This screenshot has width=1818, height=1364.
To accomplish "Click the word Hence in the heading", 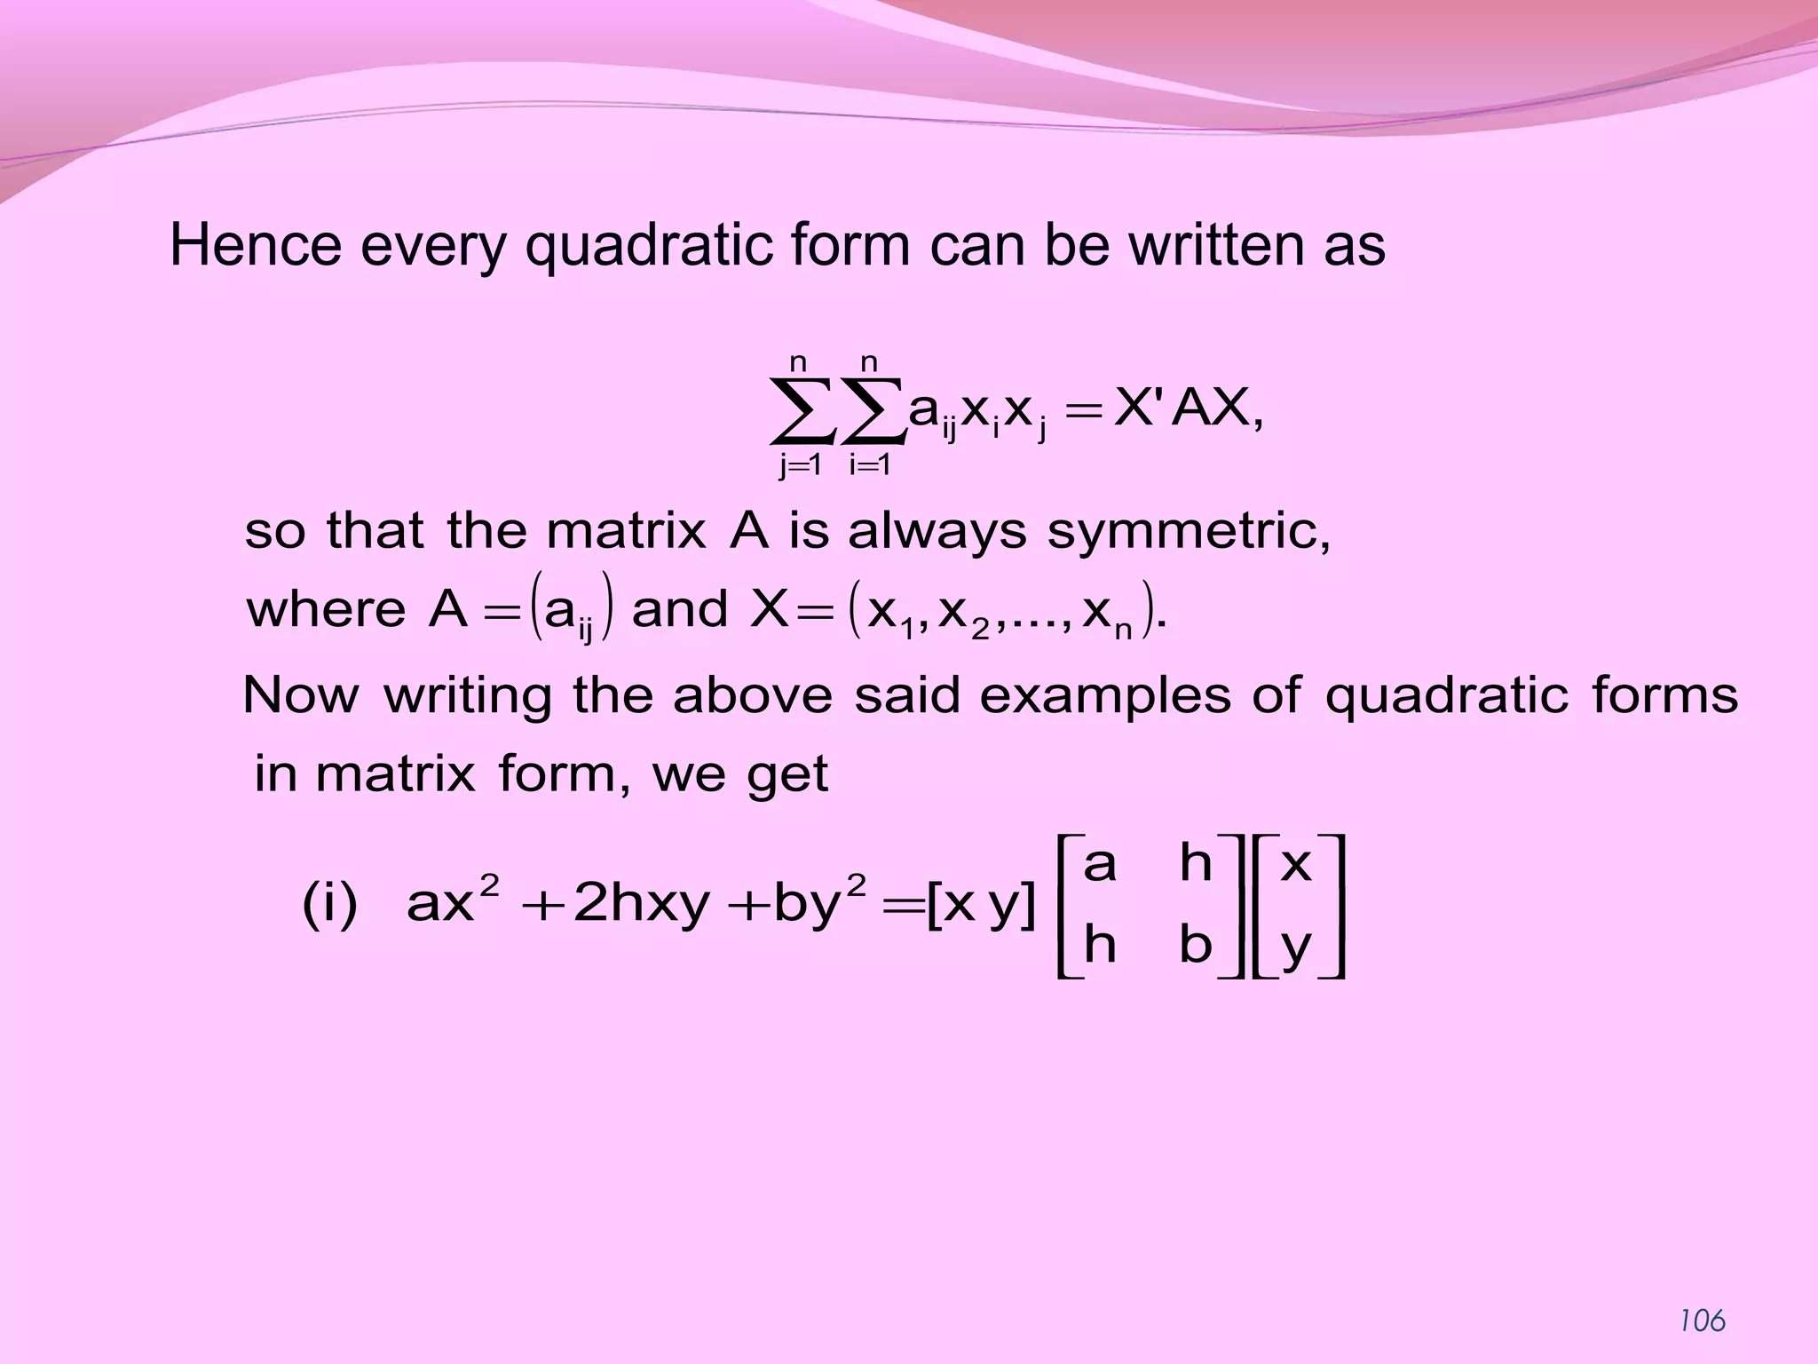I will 255,246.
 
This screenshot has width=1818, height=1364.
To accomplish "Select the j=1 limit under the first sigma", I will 801,464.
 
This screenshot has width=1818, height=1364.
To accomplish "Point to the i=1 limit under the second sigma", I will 870,464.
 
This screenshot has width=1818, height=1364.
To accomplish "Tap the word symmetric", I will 1188,533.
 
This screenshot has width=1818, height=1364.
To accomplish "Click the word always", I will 937,533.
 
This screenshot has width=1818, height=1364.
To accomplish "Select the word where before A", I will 326,610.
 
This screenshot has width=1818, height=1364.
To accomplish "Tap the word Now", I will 300,695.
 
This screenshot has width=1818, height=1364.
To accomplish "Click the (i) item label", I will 329,906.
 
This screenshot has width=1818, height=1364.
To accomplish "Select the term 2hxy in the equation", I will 642,906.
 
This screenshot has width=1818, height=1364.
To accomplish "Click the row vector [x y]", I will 980,906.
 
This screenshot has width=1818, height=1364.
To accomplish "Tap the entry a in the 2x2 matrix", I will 1099,863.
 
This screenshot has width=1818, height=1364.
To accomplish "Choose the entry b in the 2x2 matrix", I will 1195,945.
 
